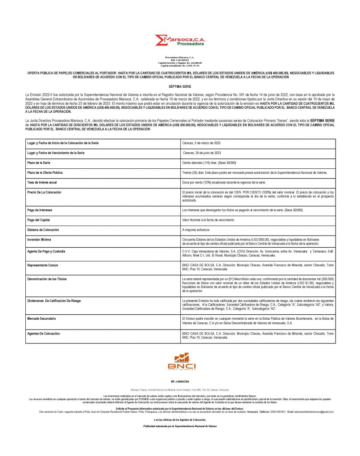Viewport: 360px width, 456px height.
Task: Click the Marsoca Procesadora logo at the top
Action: click(x=180, y=41)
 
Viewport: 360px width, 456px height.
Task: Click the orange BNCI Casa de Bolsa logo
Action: click(x=179, y=361)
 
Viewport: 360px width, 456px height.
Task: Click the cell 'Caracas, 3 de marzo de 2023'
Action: click(x=202, y=143)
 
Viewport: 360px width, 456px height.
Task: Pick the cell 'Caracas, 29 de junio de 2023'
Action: click(x=203, y=153)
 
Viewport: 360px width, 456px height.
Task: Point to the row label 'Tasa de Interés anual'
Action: click(x=43, y=183)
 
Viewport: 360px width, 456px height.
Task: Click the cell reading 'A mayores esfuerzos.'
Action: click(x=198, y=229)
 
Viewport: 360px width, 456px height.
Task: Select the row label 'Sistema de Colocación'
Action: click(x=44, y=229)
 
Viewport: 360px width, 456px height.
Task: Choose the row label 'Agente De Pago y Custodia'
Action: click(x=46, y=252)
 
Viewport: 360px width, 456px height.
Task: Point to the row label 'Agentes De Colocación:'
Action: click(x=46, y=333)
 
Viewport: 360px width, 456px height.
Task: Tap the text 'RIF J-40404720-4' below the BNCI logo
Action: click(x=179, y=382)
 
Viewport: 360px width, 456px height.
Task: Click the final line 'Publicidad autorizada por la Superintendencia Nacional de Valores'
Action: click(x=180, y=426)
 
